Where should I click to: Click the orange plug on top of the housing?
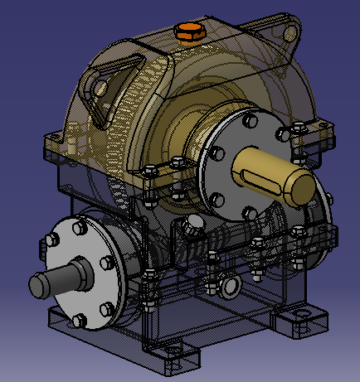pos(189,32)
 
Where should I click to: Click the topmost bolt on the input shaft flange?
pos(84,225)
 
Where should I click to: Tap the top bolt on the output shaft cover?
pos(250,121)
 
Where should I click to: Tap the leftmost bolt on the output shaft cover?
pos(216,154)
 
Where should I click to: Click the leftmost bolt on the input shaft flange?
pos(51,242)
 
